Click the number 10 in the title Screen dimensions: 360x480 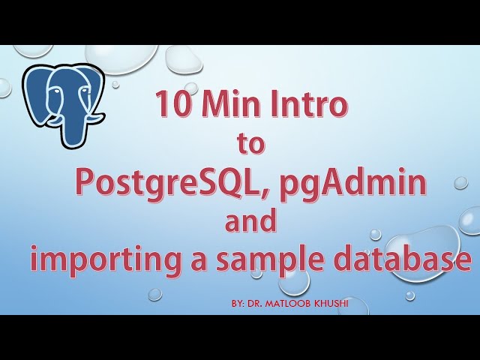[x=172, y=105]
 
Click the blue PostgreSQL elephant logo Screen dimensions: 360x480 [x=63, y=101]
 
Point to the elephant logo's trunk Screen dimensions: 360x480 [x=75, y=127]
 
